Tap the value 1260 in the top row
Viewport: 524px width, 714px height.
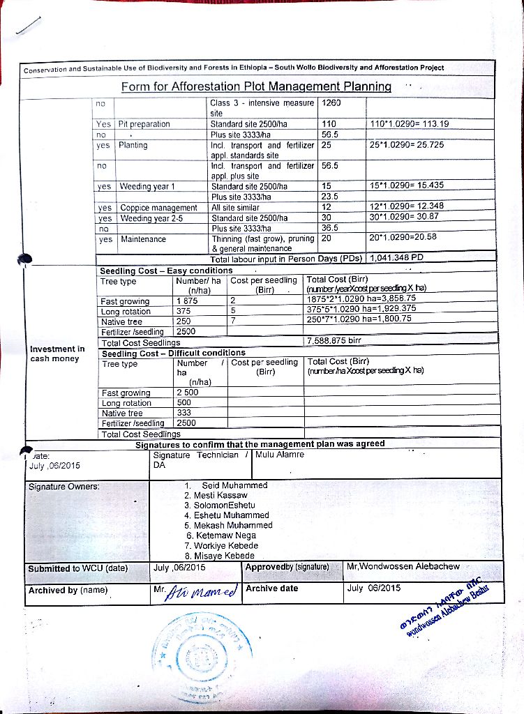(x=332, y=103)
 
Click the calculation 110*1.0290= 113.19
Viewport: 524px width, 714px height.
(x=410, y=124)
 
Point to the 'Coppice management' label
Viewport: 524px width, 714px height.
(x=159, y=208)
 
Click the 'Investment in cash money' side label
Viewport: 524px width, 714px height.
(x=57, y=354)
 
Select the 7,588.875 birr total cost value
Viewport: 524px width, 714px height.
(x=334, y=341)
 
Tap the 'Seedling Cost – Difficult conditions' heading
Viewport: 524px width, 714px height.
(x=173, y=353)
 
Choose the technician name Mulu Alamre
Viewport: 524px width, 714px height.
(x=280, y=454)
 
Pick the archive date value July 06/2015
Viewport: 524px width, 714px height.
(x=374, y=588)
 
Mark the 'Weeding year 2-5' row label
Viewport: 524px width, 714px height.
(x=149, y=218)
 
